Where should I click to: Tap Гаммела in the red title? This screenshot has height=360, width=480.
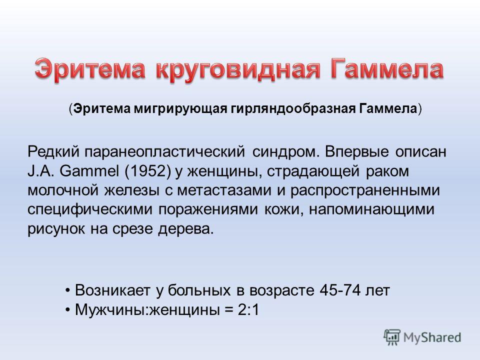tap(386, 69)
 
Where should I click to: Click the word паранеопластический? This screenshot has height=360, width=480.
tap(164, 152)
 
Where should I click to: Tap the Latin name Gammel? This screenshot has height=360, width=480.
tap(89, 171)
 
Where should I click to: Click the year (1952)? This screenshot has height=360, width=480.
tap(147, 171)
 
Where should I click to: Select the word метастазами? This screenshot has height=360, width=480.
tap(224, 190)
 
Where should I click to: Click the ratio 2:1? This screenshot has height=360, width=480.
tap(248, 310)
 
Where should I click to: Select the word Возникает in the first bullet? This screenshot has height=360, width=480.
tap(112, 290)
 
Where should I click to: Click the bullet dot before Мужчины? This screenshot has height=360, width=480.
tap(68, 310)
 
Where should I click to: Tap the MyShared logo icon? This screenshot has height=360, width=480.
tap(392, 337)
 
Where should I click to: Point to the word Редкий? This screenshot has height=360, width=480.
tap(53, 152)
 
